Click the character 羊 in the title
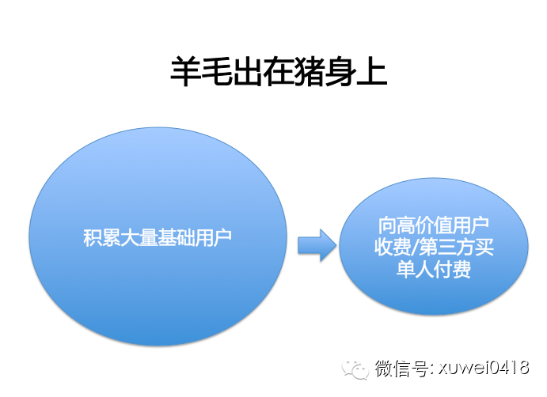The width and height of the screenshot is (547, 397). [185, 71]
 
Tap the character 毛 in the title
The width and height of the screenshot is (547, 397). [216, 71]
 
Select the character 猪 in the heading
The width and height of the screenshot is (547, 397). [310, 71]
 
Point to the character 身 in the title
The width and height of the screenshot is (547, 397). [340, 71]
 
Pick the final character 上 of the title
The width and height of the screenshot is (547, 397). [372, 71]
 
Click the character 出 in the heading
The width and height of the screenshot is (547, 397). [247, 71]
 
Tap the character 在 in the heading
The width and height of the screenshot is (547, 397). [279, 71]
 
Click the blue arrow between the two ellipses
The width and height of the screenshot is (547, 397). [317, 245]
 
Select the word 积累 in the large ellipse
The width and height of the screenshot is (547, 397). [101, 238]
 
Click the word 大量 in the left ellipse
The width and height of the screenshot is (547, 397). [139, 238]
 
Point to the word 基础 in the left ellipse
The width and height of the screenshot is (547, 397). [177, 238]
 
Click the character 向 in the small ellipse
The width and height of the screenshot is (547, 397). [388, 225]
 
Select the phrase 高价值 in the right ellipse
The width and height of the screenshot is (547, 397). [424, 225]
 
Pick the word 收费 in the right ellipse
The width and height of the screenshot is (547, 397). [393, 248]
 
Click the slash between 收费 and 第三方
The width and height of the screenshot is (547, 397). [415, 248]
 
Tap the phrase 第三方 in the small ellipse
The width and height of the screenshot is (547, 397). [447, 248]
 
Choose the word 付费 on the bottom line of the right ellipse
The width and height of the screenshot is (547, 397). [453, 270]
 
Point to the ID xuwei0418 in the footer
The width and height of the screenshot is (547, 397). [484, 368]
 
